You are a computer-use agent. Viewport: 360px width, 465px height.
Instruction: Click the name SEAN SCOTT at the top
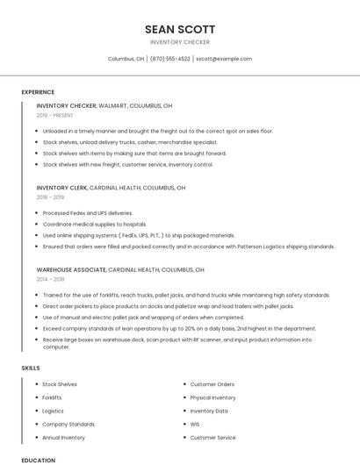180,29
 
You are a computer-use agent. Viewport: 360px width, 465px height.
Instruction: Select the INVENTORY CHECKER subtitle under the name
180,42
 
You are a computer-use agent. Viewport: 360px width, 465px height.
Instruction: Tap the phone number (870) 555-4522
169,59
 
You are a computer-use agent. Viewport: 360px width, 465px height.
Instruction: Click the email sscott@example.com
224,59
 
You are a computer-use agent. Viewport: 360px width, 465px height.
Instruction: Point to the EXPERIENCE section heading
38,92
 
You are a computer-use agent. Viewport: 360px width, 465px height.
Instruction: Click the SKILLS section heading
31,368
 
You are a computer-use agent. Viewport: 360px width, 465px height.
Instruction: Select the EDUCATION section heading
39,460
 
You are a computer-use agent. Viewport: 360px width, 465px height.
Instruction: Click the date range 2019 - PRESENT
55,115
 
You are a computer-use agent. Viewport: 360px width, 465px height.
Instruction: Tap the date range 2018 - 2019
50,197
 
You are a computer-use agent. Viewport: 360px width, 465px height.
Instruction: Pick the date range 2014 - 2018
50,279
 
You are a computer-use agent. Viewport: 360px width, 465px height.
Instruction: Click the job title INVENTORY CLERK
61,188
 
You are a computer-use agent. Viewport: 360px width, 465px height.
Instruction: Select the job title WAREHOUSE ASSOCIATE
71,269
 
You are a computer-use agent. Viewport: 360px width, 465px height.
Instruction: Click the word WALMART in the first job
112,105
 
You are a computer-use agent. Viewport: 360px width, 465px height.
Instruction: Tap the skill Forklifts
53,397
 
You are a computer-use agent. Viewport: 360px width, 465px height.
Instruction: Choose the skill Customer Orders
212,384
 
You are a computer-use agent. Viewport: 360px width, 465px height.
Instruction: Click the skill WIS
195,424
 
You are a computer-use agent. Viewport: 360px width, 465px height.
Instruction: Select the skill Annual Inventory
64,437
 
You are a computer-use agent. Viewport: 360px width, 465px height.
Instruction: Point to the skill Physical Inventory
213,397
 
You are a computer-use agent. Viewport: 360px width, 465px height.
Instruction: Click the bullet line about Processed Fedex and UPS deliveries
88,213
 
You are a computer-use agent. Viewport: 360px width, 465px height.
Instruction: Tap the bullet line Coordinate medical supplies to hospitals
95,225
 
